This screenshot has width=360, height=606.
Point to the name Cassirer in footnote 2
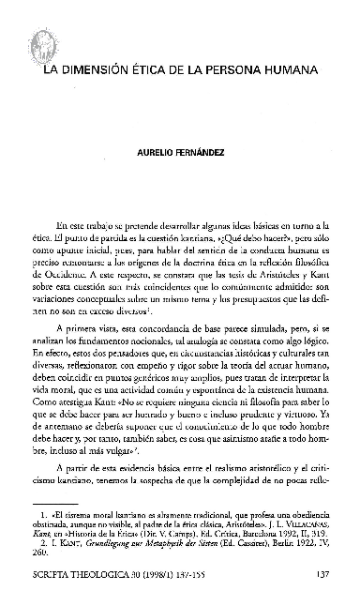pos(244,553)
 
